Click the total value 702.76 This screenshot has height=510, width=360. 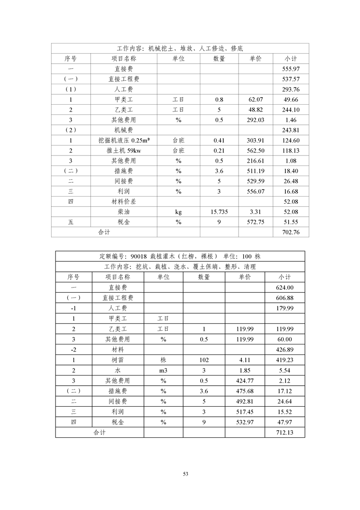click(x=291, y=232)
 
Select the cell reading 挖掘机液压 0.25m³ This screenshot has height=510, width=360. click(x=124, y=140)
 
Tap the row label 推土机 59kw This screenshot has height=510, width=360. click(x=124, y=150)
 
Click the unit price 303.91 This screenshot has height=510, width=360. click(x=256, y=140)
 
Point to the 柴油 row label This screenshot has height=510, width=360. click(x=124, y=211)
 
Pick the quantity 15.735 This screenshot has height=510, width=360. click(x=219, y=211)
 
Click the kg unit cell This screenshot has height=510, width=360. click(x=178, y=211)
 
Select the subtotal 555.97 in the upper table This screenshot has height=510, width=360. click(x=291, y=69)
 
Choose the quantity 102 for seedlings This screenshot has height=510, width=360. click(x=204, y=359)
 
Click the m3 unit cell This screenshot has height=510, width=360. click(x=163, y=370)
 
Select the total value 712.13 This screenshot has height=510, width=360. click(x=284, y=432)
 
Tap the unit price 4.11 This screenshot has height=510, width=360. click(x=245, y=359)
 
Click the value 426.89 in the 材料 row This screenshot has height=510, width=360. click(x=284, y=349)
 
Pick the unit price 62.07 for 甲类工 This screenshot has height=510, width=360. click(x=256, y=100)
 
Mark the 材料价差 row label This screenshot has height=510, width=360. click(x=124, y=201)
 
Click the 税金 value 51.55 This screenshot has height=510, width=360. click(x=291, y=222)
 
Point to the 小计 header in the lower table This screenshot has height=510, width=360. click(x=284, y=277)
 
